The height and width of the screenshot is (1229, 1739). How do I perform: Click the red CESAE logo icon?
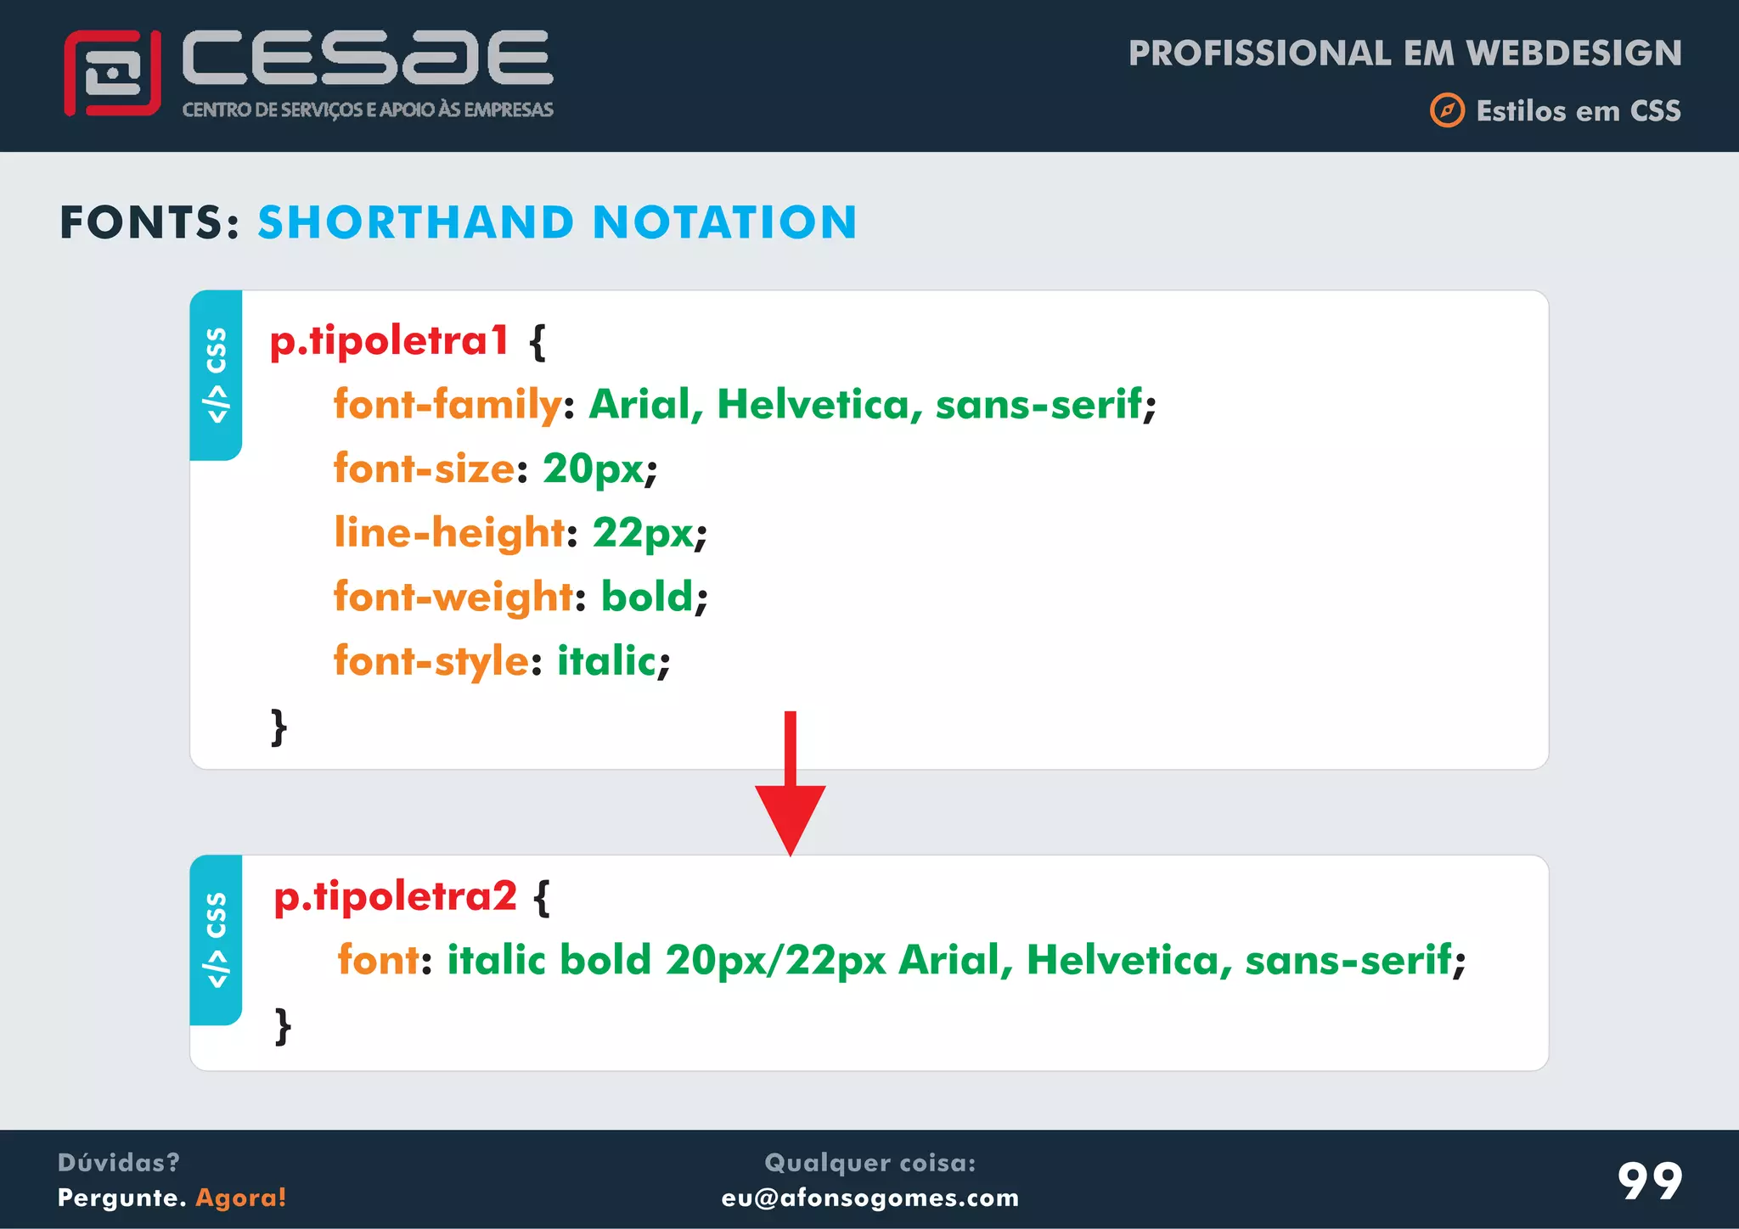click(112, 73)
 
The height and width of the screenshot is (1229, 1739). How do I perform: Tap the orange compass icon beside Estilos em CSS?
click(1447, 111)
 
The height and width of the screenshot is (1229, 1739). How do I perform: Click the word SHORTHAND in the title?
click(416, 223)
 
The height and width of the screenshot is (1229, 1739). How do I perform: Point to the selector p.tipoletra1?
click(389, 341)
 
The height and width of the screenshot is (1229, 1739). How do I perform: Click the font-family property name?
click(447, 404)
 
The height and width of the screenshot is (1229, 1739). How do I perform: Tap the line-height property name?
click(449, 533)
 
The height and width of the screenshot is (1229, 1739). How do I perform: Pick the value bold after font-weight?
click(647, 597)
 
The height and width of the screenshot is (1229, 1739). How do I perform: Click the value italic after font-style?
click(606, 661)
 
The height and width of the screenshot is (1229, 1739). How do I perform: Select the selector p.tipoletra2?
click(395, 896)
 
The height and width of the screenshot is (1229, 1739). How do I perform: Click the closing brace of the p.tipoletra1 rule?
click(279, 727)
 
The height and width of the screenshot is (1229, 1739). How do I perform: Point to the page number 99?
click(1649, 1181)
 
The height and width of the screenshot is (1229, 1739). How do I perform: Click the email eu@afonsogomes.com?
click(869, 1198)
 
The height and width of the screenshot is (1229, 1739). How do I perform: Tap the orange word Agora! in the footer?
click(241, 1198)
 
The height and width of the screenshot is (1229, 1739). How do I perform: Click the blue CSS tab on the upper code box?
click(217, 375)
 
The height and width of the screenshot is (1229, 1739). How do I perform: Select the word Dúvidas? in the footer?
click(119, 1163)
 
